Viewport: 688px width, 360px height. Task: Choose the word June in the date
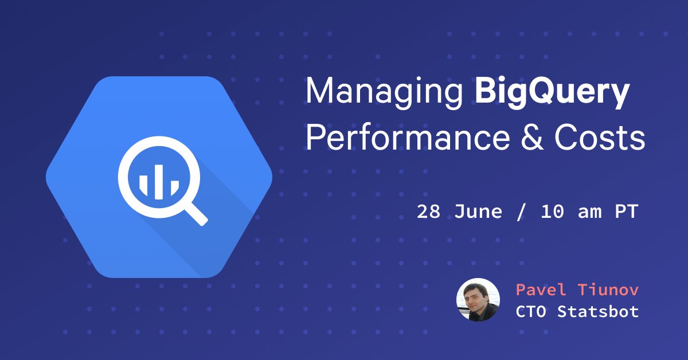point(478,212)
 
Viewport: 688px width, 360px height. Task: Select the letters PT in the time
point(626,212)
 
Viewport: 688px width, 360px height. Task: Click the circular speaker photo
point(478,300)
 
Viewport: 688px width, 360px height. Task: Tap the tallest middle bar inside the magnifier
point(158,178)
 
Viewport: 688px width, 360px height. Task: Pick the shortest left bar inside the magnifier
point(144,185)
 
